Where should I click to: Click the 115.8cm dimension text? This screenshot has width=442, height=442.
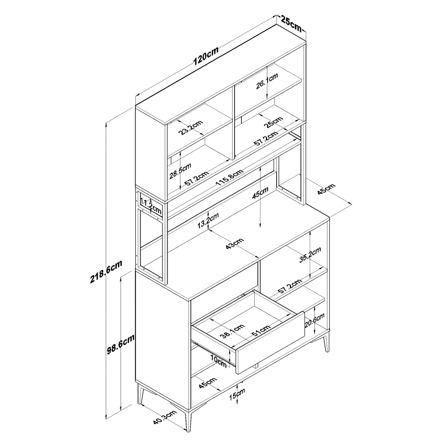pos(229,178)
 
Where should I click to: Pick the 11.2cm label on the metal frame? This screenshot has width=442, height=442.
pos(151,206)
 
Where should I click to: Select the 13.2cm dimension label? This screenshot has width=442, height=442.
pos(208,221)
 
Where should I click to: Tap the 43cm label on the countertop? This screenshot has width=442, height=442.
pos(234,244)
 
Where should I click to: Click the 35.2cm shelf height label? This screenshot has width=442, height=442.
pos(310,255)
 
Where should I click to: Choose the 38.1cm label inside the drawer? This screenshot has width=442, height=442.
pos(232,331)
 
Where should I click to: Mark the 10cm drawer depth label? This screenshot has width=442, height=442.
pos(218,363)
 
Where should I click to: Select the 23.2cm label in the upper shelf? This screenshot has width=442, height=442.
pos(190,127)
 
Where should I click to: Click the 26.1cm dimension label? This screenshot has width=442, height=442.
pos(267,81)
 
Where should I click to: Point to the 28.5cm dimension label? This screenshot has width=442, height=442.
pos(180,171)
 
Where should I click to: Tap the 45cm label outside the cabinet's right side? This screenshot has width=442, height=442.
pos(326,189)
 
